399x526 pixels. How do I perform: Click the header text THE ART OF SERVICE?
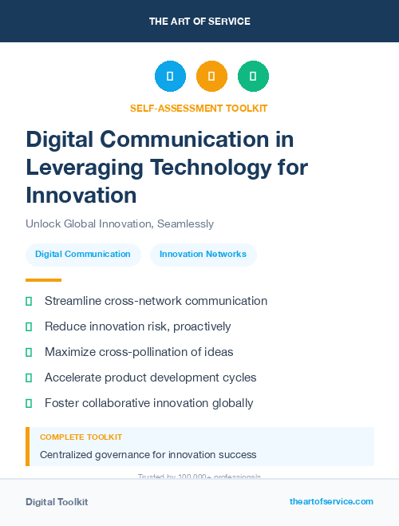tap(199, 22)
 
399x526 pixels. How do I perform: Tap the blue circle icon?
tap(170, 77)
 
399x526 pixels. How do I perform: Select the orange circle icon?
tap(211, 77)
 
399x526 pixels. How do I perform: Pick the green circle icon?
tap(253, 77)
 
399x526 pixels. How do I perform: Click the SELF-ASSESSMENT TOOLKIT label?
tap(199, 108)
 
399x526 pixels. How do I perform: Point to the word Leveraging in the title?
tap(85, 167)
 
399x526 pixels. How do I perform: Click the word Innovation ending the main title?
tap(81, 195)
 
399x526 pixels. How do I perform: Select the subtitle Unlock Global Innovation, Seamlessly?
tap(120, 223)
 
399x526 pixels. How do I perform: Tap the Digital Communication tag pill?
tap(83, 255)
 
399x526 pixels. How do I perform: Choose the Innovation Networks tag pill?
tap(203, 255)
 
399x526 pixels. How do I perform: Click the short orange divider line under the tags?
tap(43, 280)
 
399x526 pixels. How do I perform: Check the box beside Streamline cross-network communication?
tap(29, 301)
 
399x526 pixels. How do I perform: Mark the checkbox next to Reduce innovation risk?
tap(29, 326)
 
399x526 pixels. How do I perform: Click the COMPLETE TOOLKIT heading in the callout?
tap(81, 437)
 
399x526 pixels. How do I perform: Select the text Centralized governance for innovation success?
tap(148, 455)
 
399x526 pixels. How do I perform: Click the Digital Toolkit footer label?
tap(57, 502)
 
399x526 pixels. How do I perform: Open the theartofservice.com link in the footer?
tap(331, 501)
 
